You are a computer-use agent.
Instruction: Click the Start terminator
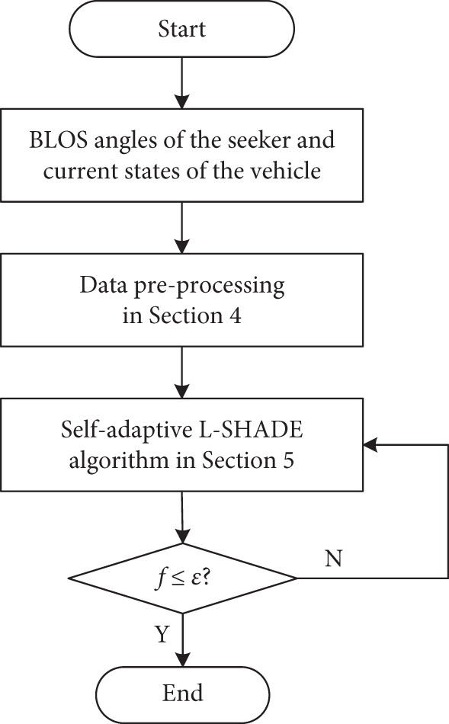tap(182, 29)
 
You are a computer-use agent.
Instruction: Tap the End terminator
tap(182, 694)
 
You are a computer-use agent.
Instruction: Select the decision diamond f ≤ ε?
tap(182, 578)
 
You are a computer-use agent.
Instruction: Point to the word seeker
tap(258, 140)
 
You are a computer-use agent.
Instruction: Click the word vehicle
tap(285, 171)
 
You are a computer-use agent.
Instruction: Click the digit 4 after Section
tap(235, 316)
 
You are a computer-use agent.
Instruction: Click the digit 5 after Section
tap(288, 460)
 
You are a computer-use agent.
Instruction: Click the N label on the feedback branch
tap(333, 559)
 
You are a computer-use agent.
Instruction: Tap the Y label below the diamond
tap(162, 634)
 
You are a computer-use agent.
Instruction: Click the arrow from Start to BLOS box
tap(182, 83)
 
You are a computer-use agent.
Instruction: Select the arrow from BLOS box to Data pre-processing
tap(182, 228)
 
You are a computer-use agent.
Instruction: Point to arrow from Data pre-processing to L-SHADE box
tap(182, 372)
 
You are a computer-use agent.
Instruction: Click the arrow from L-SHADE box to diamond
tap(182, 517)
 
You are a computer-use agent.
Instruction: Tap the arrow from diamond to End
tap(183, 640)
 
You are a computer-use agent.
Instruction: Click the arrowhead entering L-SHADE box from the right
tap(370, 445)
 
